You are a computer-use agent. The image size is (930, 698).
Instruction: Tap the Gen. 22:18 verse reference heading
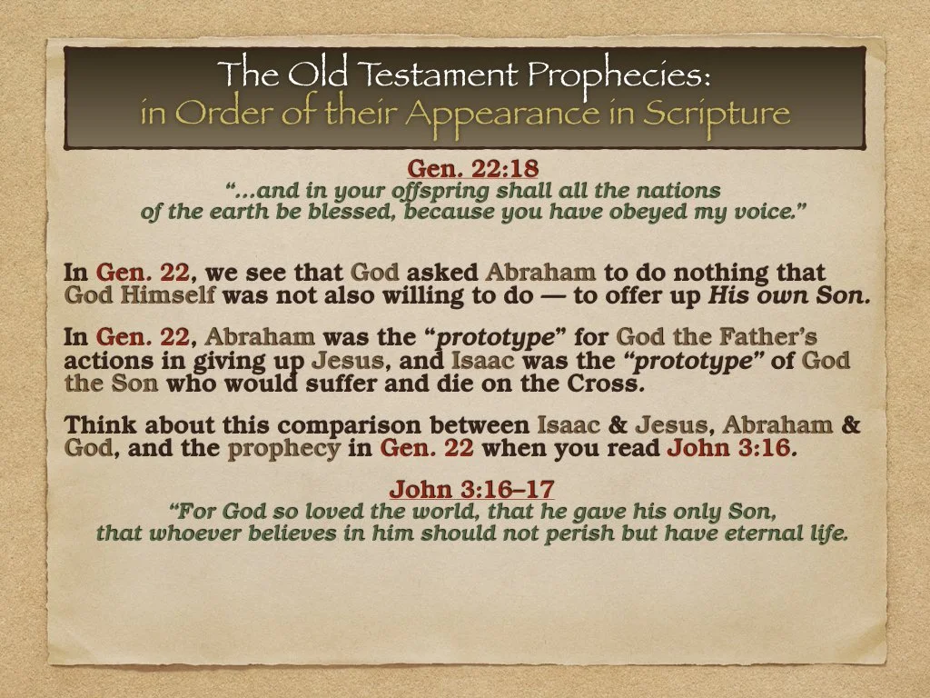(x=466, y=169)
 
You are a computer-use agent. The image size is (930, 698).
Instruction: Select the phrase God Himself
(x=140, y=294)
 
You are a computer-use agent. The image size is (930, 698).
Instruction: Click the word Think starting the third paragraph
(x=101, y=425)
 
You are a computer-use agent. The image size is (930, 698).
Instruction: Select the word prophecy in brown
(x=284, y=447)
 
